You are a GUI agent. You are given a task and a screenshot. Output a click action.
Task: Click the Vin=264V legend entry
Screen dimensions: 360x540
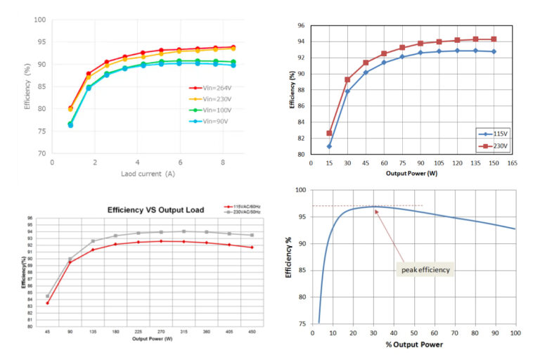[x=211, y=88]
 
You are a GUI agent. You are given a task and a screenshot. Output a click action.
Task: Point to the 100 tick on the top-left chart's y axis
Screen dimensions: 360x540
[x=40, y=20]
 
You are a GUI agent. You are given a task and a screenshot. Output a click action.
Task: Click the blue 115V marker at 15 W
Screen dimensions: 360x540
[x=329, y=146]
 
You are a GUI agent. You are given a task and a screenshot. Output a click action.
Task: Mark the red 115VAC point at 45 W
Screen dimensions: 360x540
[x=48, y=303]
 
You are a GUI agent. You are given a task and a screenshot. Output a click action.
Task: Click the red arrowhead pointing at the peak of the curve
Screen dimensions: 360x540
[x=376, y=209]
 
